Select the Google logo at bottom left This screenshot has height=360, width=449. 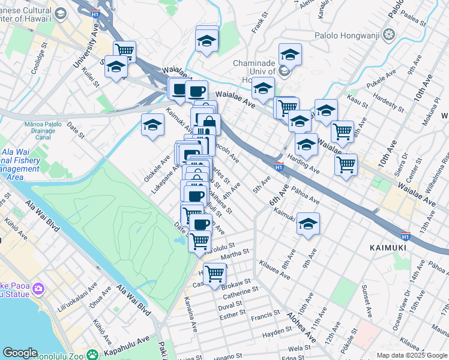tap(19, 353)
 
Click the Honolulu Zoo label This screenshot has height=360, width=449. tap(123, 356)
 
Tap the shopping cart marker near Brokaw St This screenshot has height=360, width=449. tap(214, 274)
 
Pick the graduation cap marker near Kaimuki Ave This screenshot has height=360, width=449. tap(308, 224)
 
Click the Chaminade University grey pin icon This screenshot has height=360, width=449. tap(285, 71)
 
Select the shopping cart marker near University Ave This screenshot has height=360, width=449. tap(124, 50)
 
